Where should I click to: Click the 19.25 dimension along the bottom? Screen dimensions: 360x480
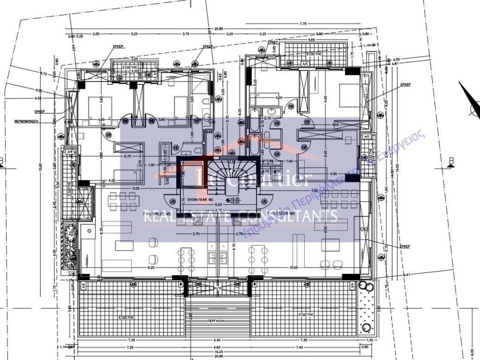(x=218, y=351)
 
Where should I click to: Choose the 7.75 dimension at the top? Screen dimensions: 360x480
(x=302, y=23)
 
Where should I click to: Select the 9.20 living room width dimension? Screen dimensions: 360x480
(x=151, y=268)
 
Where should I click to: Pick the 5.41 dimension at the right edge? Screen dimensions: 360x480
(x=406, y=275)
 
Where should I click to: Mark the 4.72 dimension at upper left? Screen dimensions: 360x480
(x=45, y=74)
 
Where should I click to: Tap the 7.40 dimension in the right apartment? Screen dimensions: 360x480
(x=314, y=190)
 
